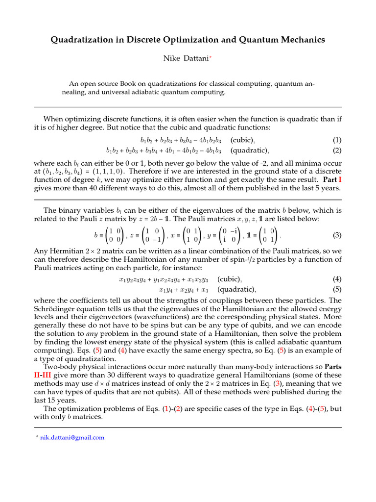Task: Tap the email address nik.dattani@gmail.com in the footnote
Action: pos(72,437)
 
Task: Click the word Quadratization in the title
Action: pos(84,39)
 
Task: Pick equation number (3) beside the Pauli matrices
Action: pos(336,235)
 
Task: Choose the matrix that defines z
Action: pos(154,235)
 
